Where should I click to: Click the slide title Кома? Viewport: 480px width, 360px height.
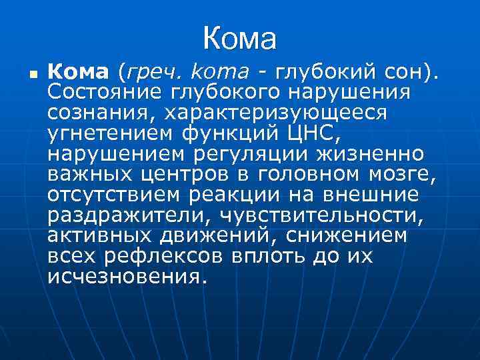(x=239, y=38)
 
